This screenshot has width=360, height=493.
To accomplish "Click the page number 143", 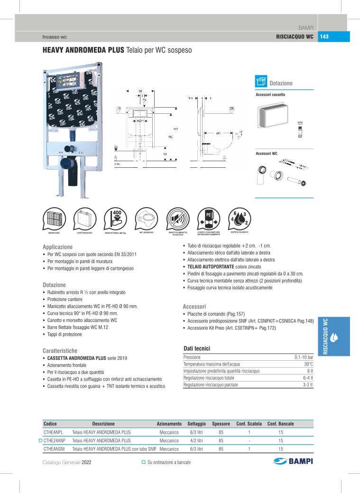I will tap(324, 37).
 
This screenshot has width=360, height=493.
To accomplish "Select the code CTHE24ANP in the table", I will tap(55, 440).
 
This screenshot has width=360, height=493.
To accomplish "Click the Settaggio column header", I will tap(196, 423).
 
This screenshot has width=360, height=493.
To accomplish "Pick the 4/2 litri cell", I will tap(196, 440).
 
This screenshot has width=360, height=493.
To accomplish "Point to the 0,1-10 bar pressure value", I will tap(304, 357).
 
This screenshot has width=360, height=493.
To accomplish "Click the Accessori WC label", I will tap(266, 153).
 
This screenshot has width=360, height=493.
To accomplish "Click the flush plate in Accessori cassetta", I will tap(272, 116).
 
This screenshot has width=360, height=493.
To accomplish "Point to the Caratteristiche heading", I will tap(63, 351).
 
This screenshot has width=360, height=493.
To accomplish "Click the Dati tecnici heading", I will tap(196, 348).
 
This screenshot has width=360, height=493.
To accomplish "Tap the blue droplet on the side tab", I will tap(334, 338).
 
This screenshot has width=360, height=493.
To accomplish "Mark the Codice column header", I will tap(50, 423).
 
